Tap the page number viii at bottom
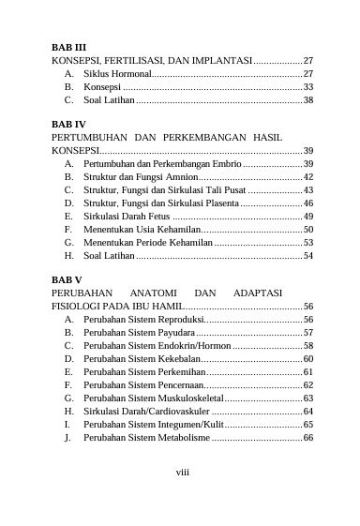[x=183, y=471]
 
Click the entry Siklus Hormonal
[x=115, y=72]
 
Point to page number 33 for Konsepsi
[x=307, y=85]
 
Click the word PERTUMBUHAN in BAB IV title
[x=87, y=137]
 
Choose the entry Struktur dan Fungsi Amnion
[x=140, y=176]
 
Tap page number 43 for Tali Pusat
[x=307, y=189]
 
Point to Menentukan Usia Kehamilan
[x=142, y=229]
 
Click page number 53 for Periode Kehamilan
[x=307, y=242]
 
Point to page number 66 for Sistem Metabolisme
[x=307, y=437]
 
